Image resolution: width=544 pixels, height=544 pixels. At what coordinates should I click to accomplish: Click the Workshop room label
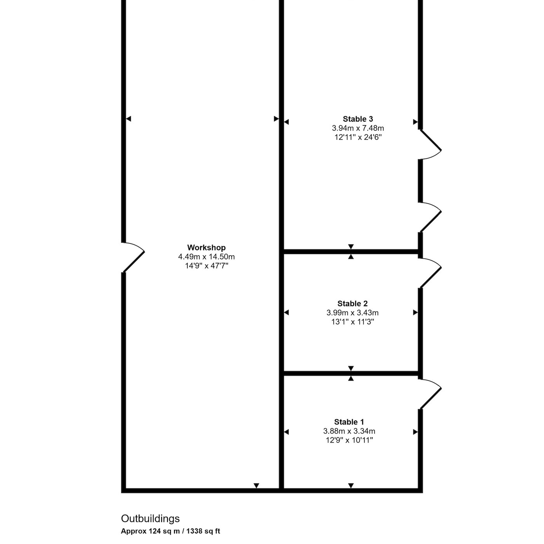tap(206, 248)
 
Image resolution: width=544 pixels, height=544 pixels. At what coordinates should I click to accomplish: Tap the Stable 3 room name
tap(357, 119)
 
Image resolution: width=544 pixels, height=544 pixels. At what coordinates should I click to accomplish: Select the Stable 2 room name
tap(352, 303)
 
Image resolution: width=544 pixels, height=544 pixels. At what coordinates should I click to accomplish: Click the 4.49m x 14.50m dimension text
tap(206, 256)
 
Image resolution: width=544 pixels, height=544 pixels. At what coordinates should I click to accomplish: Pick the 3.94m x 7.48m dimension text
tap(357, 128)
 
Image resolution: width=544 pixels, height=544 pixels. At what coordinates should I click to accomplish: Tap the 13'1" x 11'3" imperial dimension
tap(352, 322)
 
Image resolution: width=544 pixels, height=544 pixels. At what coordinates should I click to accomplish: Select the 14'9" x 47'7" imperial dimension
tap(206, 266)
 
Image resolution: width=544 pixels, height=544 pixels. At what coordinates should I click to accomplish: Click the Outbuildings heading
tap(150, 519)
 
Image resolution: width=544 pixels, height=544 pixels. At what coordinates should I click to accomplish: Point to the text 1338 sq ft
tap(203, 531)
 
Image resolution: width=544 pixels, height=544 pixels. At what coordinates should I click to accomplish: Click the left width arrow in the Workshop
tap(128, 119)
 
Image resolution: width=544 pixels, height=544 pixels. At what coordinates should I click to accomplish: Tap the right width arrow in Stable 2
tap(415, 312)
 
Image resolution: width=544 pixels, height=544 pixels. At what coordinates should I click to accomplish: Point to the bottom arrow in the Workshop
tap(256, 486)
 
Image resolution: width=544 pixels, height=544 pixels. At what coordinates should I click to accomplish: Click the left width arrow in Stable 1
tap(286, 432)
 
